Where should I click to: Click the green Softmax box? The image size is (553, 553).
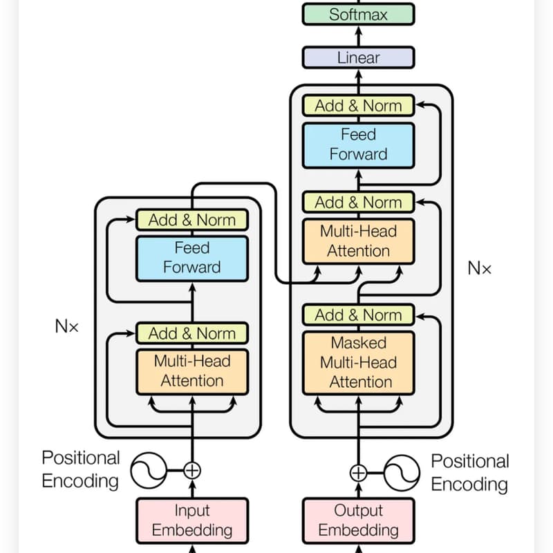[x=358, y=14]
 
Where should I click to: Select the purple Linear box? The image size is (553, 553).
[x=358, y=57]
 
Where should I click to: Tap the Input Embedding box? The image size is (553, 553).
[x=192, y=521]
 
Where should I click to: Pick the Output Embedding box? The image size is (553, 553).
[x=358, y=521]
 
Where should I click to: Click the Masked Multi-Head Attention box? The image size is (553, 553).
[x=358, y=362]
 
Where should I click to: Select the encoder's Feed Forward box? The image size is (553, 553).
[x=192, y=259]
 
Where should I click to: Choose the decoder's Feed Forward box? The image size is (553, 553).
[x=358, y=145]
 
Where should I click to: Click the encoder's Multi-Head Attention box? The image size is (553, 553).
[x=192, y=371]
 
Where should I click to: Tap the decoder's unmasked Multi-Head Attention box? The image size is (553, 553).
[x=358, y=241]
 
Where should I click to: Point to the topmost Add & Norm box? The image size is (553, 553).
[x=358, y=106]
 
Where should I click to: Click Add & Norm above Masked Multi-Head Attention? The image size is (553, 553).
[x=358, y=315]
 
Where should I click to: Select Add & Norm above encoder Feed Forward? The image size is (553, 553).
[x=192, y=220]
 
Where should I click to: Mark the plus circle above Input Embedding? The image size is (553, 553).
[x=192, y=471]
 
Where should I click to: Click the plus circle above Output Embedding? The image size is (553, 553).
[x=358, y=473]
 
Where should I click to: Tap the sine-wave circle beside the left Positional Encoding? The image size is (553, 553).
[x=149, y=471]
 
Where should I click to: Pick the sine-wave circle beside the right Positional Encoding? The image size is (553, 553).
[x=402, y=473]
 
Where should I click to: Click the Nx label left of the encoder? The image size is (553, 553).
[x=66, y=326]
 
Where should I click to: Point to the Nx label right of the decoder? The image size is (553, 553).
[x=479, y=268]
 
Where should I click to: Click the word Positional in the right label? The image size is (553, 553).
[x=470, y=461]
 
